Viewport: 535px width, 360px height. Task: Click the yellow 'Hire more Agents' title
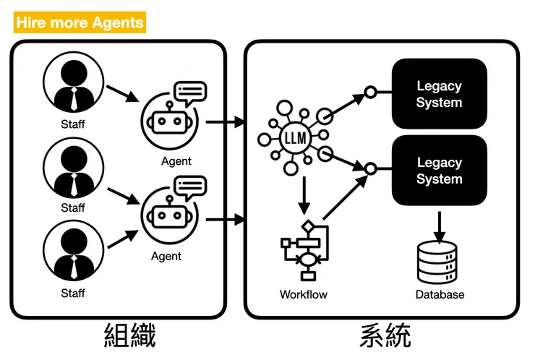click(x=80, y=22)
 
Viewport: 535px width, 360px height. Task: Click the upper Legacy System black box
click(x=439, y=94)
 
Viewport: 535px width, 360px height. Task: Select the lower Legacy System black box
click(x=439, y=171)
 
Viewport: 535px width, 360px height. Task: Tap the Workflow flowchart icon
click(x=304, y=249)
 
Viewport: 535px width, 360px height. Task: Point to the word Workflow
click(x=304, y=294)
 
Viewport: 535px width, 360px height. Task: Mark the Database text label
click(x=440, y=294)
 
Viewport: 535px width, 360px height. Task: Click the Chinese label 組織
click(x=131, y=336)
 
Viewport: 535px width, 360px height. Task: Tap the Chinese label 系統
click(x=385, y=336)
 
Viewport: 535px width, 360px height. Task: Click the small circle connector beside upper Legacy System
click(x=370, y=93)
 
